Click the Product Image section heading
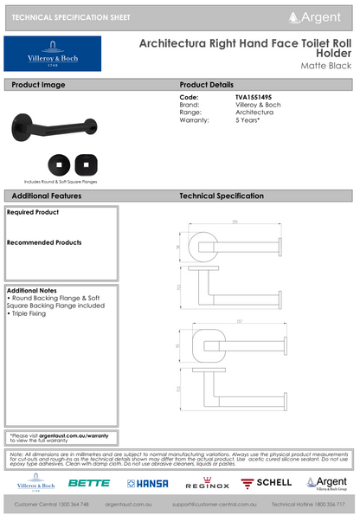point(38,85)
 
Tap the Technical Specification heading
point(227,196)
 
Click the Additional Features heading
point(47,196)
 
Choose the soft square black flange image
point(86,162)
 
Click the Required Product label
point(33,212)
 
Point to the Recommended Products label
point(44,243)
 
